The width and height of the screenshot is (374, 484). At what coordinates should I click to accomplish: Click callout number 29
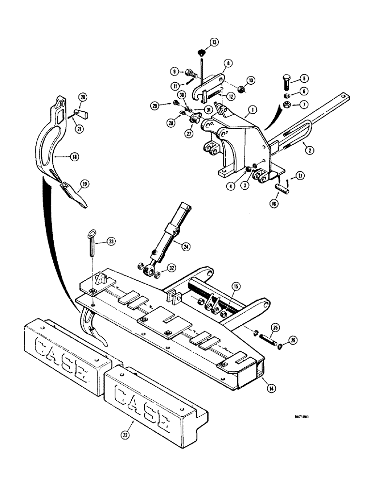point(169,105)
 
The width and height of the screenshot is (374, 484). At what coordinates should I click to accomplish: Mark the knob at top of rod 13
point(202,52)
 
